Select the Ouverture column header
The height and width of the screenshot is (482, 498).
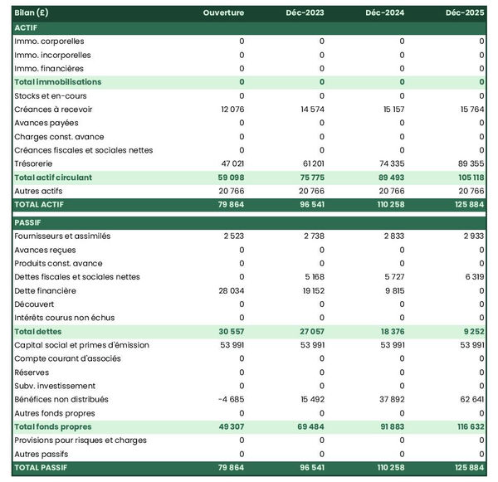coord(223,13)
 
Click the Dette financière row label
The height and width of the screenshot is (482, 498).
coord(45,290)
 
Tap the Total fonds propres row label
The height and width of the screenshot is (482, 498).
coord(53,426)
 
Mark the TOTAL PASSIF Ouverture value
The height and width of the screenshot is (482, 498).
coord(230,468)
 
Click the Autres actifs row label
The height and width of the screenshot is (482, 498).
coord(38,191)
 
